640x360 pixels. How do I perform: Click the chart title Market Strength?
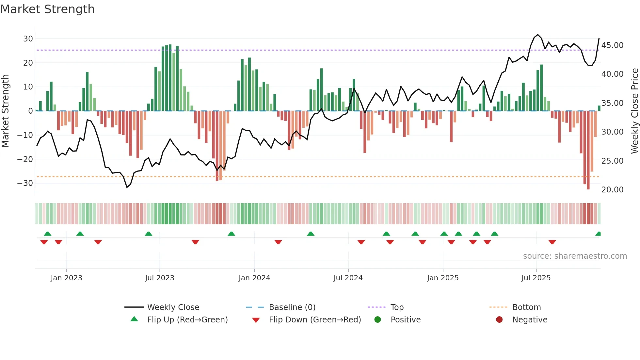pyautogui.click(x=47, y=9)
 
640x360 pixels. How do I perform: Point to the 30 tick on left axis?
pyautogui.click(x=28, y=39)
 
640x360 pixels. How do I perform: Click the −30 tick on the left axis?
pyautogui.click(x=25, y=183)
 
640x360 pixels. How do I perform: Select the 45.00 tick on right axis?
pyautogui.click(x=612, y=45)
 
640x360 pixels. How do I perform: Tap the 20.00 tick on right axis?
pyautogui.click(x=612, y=190)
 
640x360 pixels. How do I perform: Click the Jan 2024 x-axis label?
pyautogui.click(x=254, y=278)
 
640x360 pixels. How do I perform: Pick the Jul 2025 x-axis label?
pyautogui.click(x=536, y=278)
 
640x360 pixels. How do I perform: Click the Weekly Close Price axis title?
pyautogui.click(x=634, y=111)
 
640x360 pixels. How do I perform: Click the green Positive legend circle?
pyautogui.click(x=378, y=320)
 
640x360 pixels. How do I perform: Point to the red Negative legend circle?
pyautogui.click(x=499, y=320)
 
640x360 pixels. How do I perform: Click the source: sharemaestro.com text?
pyautogui.click(x=575, y=256)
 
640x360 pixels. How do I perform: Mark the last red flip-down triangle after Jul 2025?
pyautogui.click(x=552, y=242)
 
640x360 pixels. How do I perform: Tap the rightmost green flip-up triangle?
pyautogui.click(x=598, y=234)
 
